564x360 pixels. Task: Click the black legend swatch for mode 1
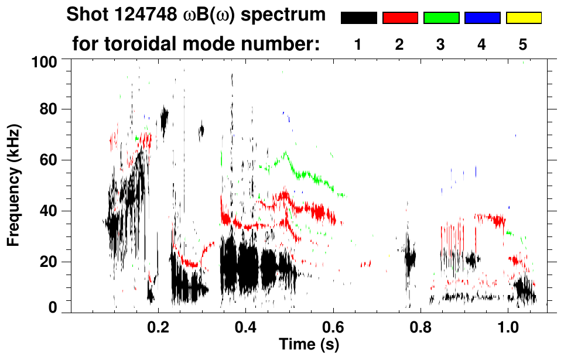pyautogui.click(x=358, y=18)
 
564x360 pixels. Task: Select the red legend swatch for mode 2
pyautogui.click(x=400, y=18)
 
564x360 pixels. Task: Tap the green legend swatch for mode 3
pyautogui.click(x=441, y=18)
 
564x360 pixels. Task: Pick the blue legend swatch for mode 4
pyautogui.click(x=482, y=18)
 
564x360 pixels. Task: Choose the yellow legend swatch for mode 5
pyautogui.click(x=523, y=18)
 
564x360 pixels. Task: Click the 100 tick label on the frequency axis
pyautogui.click(x=49, y=60)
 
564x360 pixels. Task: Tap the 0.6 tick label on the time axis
pyautogui.click(x=333, y=326)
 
